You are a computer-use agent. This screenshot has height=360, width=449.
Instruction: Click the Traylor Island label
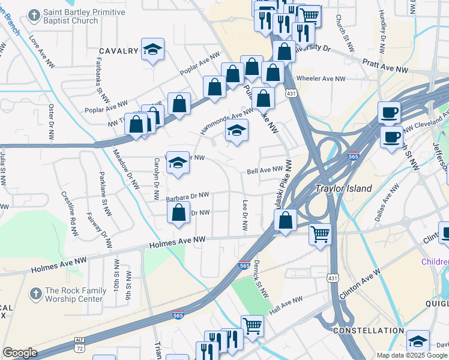[x=344, y=188]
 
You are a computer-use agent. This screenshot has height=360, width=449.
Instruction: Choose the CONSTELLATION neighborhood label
[x=368, y=331]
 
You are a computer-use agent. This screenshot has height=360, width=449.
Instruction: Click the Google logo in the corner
[x=20, y=353]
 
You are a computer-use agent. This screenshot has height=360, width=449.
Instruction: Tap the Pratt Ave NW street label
[x=386, y=66]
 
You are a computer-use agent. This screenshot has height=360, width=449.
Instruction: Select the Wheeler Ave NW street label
[x=325, y=79]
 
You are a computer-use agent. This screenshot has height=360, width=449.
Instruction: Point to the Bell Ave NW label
[x=265, y=171]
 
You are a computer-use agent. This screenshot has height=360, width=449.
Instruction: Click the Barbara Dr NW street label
[x=188, y=196]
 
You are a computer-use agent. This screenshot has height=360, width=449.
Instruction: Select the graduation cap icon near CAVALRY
[x=152, y=50]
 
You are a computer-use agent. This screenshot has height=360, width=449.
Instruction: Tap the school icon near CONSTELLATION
[x=418, y=341]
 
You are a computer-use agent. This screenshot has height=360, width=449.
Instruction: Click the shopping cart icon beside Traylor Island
[x=320, y=233]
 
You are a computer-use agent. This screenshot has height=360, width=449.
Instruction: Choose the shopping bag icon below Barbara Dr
[x=178, y=213]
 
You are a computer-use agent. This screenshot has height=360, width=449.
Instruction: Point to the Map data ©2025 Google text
[x=412, y=355]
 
